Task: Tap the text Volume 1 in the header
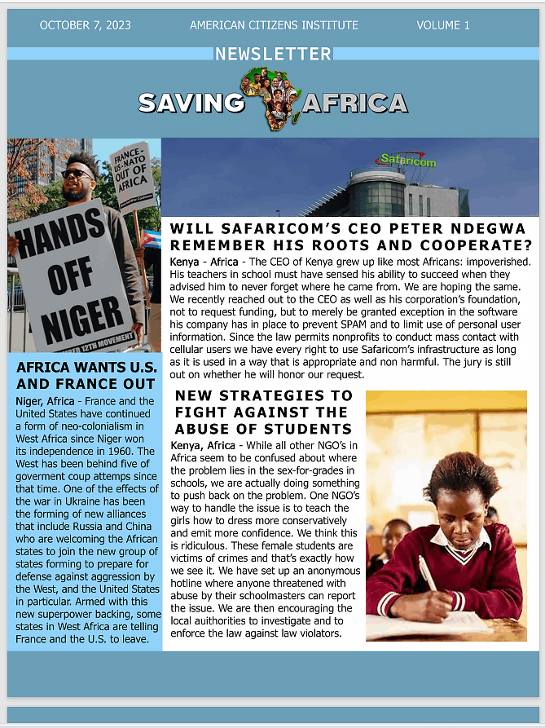[443, 25]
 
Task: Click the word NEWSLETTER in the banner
[273, 55]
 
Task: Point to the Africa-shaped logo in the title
[273, 99]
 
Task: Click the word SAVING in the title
[191, 103]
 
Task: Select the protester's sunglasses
[77, 174]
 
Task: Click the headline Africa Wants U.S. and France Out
[86, 375]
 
